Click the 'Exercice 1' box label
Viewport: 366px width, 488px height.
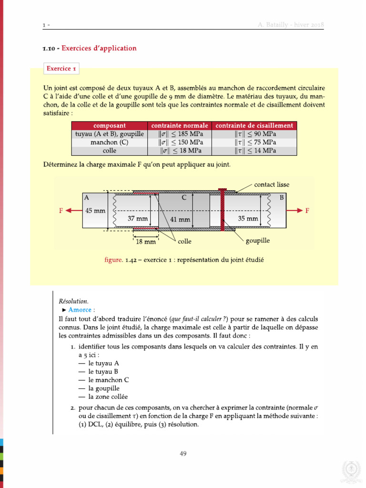pyautogui.click(x=61, y=69)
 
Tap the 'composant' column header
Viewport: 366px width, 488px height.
pyautogui.click(x=110, y=125)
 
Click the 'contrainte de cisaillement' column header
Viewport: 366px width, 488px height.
pyautogui.click(x=254, y=125)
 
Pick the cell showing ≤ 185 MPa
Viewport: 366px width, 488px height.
pyautogui.click(x=180, y=134)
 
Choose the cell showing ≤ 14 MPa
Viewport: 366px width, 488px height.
pyautogui.click(x=254, y=151)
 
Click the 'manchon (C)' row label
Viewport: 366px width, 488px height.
pyautogui.click(x=110, y=142)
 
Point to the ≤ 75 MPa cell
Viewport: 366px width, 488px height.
pyautogui.click(x=254, y=142)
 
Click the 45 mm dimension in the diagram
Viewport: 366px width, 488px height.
pyautogui.click(x=95, y=210)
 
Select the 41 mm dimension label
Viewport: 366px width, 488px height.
pyautogui.click(x=180, y=220)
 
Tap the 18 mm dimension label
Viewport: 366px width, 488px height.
pyautogui.click(x=146, y=242)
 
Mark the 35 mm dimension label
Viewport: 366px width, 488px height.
pyautogui.click(x=248, y=219)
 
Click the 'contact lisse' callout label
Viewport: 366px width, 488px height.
pyautogui.click(x=272, y=184)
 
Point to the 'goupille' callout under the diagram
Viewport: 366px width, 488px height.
pyautogui.click(x=258, y=241)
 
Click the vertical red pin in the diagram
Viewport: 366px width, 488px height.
pyautogui.click(x=222, y=210)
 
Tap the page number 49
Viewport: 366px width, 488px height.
pyautogui.click(x=183, y=454)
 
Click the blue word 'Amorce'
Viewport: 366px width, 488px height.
pyautogui.click(x=80, y=310)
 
